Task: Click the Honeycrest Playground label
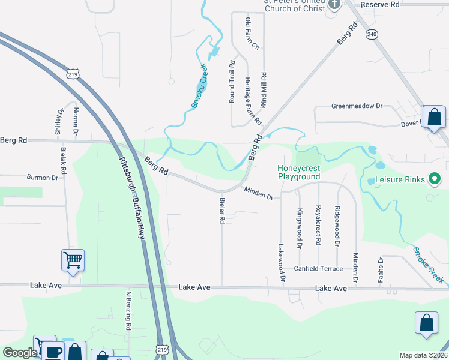pyautogui.click(x=298, y=173)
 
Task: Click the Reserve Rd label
pyautogui.click(x=380, y=4)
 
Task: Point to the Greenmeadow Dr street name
pyautogui.click(x=357, y=106)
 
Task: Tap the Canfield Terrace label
pyautogui.click(x=319, y=268)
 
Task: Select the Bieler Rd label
pyautogui.click(x=222, y=211)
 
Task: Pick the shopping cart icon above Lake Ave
pyautogui.click(x=73, y=260)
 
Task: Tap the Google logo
pyautogui.click(x=19, y=353)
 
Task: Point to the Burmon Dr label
pyautogui.click(x=42, y=178)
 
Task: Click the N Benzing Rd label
pyautogui.click(x=128, y=311)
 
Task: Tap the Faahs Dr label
pyautogui.click(x=381, y=268)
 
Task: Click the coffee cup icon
pyautogui.click(x=53, y=352)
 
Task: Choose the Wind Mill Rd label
pyautogui.click(x=264, y=88)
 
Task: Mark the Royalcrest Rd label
pyautogui.click(x=318, y=227)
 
